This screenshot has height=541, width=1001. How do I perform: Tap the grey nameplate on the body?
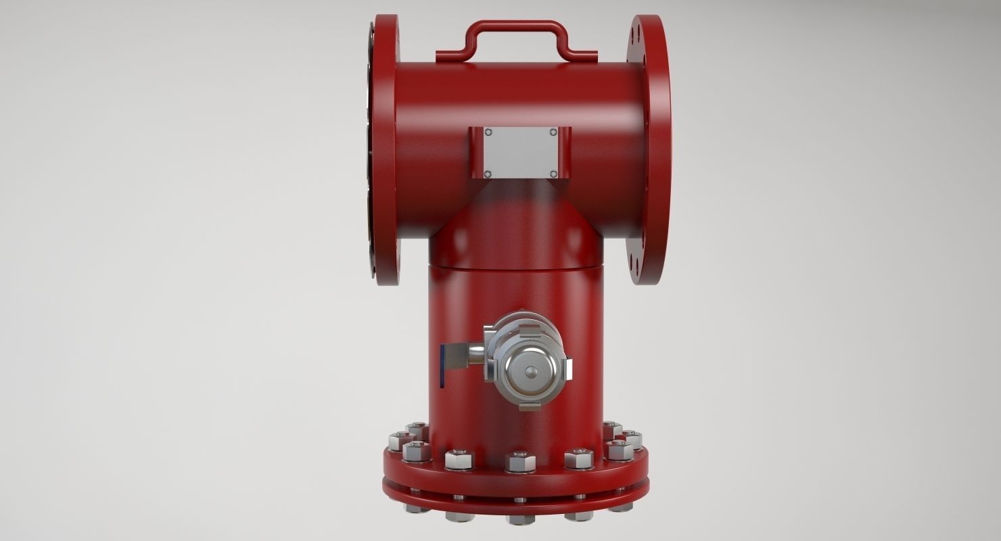(x=519, y=152)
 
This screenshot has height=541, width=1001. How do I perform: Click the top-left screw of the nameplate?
(x=488, y=133)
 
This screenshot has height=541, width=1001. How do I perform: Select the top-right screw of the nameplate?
(x=553, y=133)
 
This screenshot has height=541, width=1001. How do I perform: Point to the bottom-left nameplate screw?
(x=488, y=174)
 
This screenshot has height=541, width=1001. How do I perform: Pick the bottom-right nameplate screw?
(x=553, y=174)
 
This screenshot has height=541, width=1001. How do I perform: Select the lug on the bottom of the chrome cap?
(x=530, y=406)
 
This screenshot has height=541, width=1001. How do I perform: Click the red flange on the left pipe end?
(x=386, y=149)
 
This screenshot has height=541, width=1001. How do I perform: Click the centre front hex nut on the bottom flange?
(x=521, y=462)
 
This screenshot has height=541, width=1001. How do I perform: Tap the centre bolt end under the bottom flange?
(x=520, y=519)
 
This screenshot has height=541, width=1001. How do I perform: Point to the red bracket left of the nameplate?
(x=476, y=152)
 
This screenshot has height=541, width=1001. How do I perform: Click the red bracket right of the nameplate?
(x=565, y=152)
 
